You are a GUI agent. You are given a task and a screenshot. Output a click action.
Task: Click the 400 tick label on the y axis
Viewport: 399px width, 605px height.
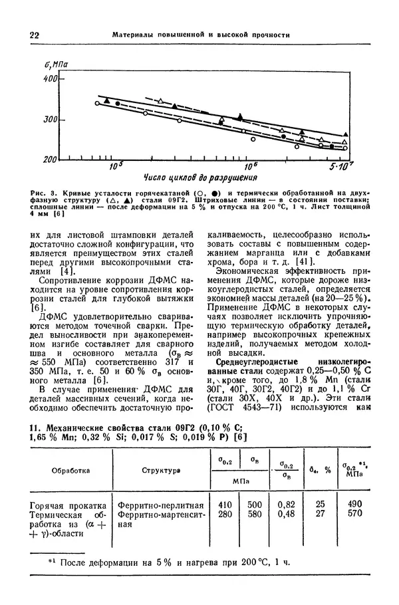click(50, 79)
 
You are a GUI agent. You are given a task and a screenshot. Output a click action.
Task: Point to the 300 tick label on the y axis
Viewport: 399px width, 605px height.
click(50, 120)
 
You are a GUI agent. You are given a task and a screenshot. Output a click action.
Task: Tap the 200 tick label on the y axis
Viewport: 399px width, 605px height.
click(50, 160)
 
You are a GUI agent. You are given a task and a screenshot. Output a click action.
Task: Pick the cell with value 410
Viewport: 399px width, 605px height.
click(225, 505)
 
